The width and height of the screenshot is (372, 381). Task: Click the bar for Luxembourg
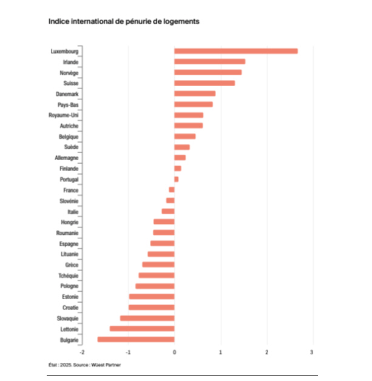pyautogui.click(x=235, y=51)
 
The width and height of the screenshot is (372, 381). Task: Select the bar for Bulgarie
pyautogui.click(x=136, y=339)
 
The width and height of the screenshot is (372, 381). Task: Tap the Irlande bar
pyautogui.click(x=209, y=61)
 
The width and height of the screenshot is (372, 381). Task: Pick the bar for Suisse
pyautogui.click(x=204, y=83)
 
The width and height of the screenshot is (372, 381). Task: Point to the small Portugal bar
pyautogui.click(x=176, y=179)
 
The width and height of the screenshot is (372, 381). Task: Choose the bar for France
pyautogui.click(x=172, y=190)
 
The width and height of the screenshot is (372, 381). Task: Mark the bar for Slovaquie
pyautogui.click(x=147, y=318)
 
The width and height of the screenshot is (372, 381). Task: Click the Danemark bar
pyautogui.click(x=195, y=93)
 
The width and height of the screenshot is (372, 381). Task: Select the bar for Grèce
pyautogui.click(x=158, y=265)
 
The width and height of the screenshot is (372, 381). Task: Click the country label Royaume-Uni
pyautogui.click(x=63, y=115)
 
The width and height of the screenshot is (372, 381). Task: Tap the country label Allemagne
pyautogui.click(x=66, y=158)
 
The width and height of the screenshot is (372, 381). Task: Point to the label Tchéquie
pyautogui.click(x=68, y=275)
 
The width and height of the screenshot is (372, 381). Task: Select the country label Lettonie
pyautogui.click(x=68, y=329)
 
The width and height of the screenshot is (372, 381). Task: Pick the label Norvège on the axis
pyautogui.click(x=68, y=72)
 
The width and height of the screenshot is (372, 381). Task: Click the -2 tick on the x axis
pyautogui.click(x=81, y=352)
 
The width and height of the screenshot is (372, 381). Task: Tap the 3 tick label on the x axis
pyautogui.click(x=313, y=352)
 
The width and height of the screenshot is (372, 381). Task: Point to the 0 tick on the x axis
pyautogui.click(x=174, y=352)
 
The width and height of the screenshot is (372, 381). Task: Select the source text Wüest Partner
pyautogui.click(x=115, y=365)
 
